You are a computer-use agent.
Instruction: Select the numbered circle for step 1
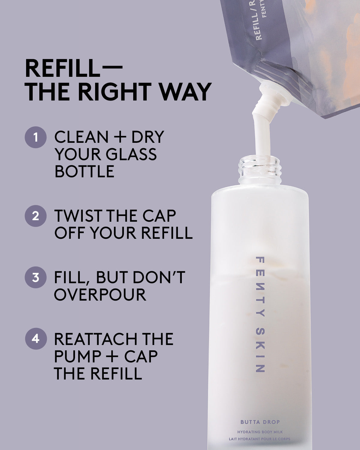tap(36, 137)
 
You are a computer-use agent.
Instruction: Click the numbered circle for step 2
tap(36, 216)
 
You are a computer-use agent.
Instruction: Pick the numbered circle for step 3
tap(36, 277)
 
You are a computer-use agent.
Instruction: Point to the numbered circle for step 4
tap(36, 339)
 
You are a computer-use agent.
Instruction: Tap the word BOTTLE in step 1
tap(84, 171)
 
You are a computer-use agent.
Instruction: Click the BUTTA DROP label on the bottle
tap(260, 422)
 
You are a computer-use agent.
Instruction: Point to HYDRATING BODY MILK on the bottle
tap(260, 432)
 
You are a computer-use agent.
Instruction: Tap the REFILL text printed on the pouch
tap(259, 28)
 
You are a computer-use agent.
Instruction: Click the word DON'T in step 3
tap(159, 277)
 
